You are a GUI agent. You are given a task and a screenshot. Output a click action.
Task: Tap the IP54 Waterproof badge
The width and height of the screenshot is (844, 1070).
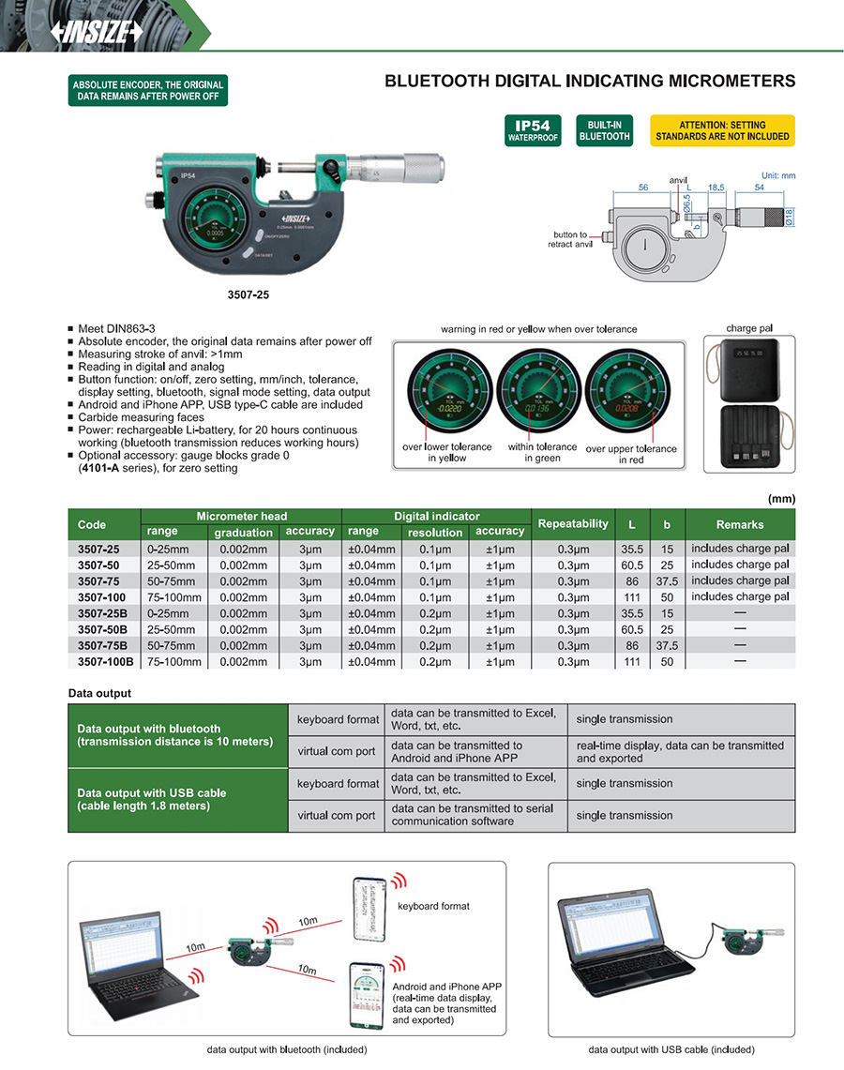point(532,130)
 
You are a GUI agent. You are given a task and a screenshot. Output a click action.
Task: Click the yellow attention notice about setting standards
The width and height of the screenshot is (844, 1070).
point(722,130)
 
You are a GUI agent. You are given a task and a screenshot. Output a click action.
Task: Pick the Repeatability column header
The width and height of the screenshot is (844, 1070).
point(572,523)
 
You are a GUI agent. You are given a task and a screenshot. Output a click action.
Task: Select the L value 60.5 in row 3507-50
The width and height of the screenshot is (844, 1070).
point(632,565)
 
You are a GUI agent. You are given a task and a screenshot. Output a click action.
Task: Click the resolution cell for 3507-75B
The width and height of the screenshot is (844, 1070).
point(434,645)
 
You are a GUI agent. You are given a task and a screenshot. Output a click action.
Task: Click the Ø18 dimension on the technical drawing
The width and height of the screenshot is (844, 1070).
point(790,216)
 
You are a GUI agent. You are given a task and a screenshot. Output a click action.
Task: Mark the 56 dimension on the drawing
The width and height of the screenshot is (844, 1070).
point(643,188)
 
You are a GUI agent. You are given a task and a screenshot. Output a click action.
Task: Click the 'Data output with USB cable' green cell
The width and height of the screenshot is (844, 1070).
point(177,799)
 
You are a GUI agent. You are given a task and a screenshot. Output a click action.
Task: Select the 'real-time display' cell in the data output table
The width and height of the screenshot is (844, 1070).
point(680,751)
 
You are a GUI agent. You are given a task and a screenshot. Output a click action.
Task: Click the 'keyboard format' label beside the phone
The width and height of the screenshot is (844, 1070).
point(432,906)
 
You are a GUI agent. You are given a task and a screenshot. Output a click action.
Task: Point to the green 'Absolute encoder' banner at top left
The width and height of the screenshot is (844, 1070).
point(147,91)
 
